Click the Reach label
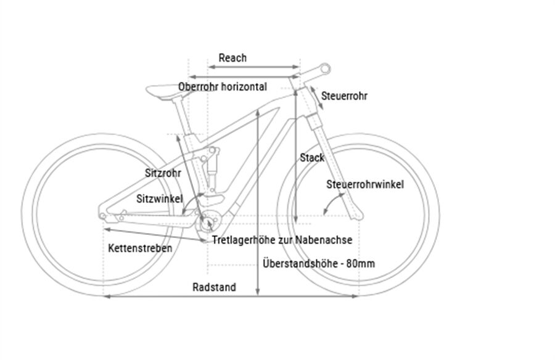(x=232, y=58)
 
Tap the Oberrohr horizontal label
(x=223, y=87)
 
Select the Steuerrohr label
(x=345, y=96)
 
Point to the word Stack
(x=312, y=158)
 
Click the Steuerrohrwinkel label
(x=365, y=184)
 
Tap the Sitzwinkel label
(x=160, y=198)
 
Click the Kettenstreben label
(x=140, y=248)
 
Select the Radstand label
(x=214, y=287)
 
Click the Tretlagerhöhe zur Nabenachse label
(x=282, y=240)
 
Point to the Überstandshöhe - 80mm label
(x=318, y=263)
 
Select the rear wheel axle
(x=102, y=215)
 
